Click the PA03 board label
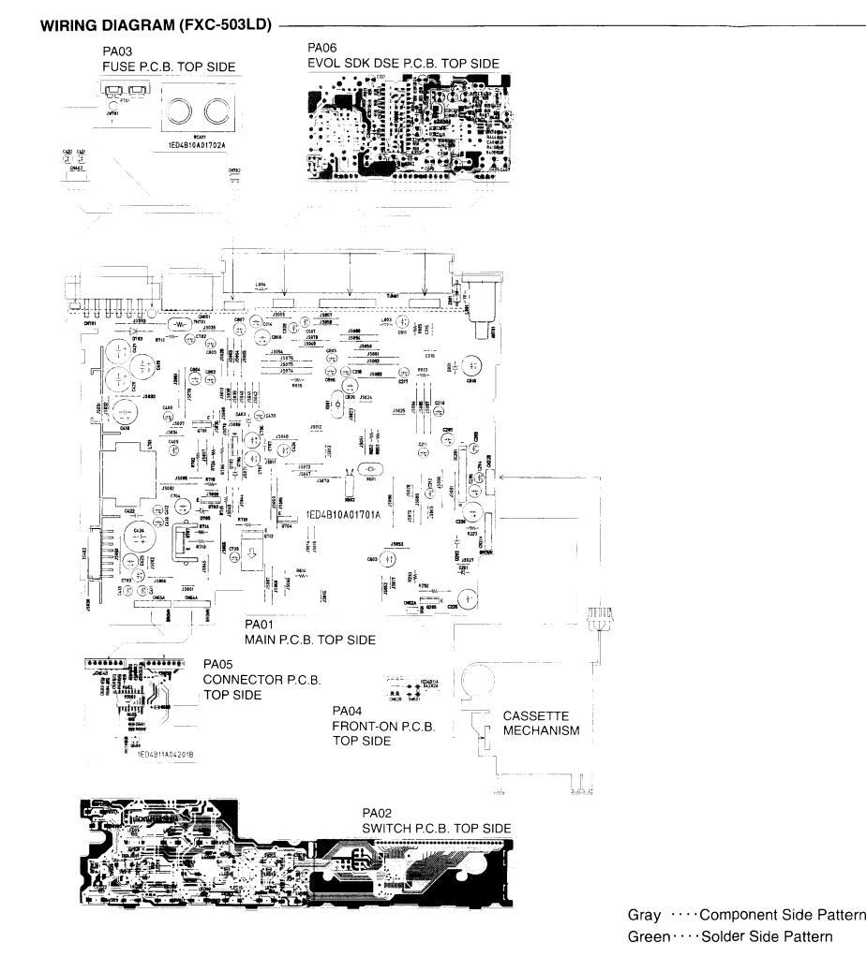[x=115, y=52]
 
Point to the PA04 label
[x=349, y=711]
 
